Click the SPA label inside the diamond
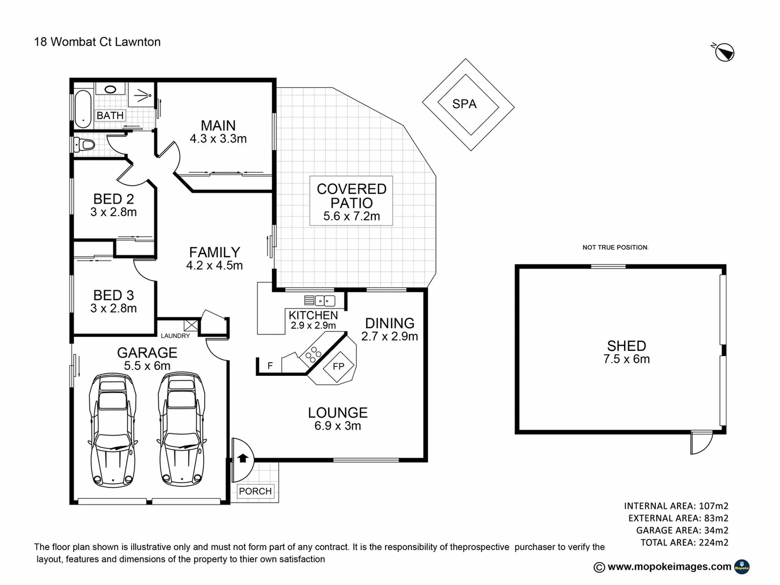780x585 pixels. (x=464, y=104)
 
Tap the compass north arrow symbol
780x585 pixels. (x=724, y=53)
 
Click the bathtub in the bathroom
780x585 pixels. (x=83, y=109)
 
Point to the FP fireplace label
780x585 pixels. (x=338, y=367)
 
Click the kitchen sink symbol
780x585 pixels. (x=320, y=301)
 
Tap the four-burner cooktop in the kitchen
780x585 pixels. (x=313, y=354)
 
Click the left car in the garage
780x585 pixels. (x=113, y=428)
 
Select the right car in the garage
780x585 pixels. (x=182, y=428)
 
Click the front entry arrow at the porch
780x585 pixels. (x=243, y=458)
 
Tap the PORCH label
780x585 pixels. (x=255, y=491)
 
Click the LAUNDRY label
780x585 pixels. (x=175, y=336)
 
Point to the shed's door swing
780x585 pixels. (x=701, y=443)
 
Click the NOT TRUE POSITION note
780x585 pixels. (x=615, y=248)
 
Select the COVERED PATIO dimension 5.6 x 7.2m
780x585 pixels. (x=352, y=216)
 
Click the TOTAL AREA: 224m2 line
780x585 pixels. (x=684, y=542)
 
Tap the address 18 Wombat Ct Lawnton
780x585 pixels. (x=97, y=42)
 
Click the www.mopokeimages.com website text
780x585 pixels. (x=669, y=567)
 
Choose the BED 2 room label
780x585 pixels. (x=113, y=199)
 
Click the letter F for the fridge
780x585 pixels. (x=270, y=366)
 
